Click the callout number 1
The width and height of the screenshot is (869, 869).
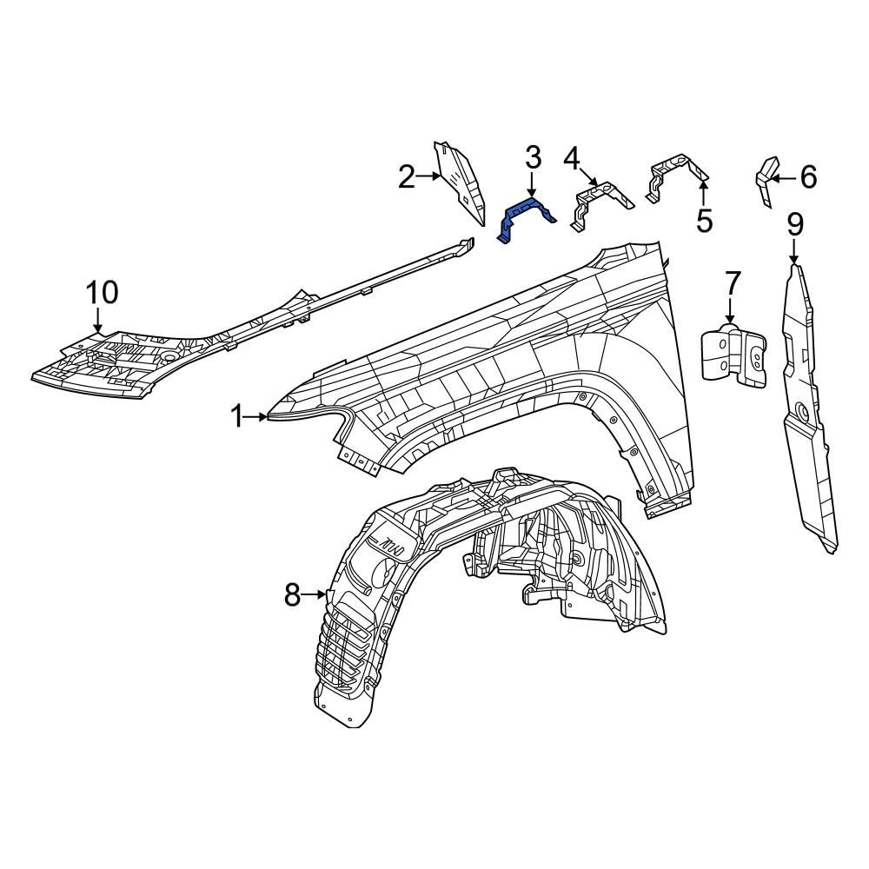click(x=237, y=417)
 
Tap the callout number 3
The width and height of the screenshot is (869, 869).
click(x=533, y=158)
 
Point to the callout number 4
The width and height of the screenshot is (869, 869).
click(x=571, y=158)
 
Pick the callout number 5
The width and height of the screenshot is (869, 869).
click(x=704, y=221)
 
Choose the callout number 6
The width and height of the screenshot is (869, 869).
click(x=808, y=178)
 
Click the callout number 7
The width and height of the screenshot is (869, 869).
click(x=732, y=283)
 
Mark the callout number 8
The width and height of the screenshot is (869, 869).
click(x=292, y=595)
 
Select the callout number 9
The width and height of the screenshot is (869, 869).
click(x=795, y=224)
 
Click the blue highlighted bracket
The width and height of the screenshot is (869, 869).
click(x=525, y=216)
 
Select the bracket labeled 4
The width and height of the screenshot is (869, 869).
click(x=600, y=201)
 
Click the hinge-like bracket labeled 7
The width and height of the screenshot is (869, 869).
click(x=734, y=355)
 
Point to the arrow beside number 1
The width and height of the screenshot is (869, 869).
click(x=257, y=417)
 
